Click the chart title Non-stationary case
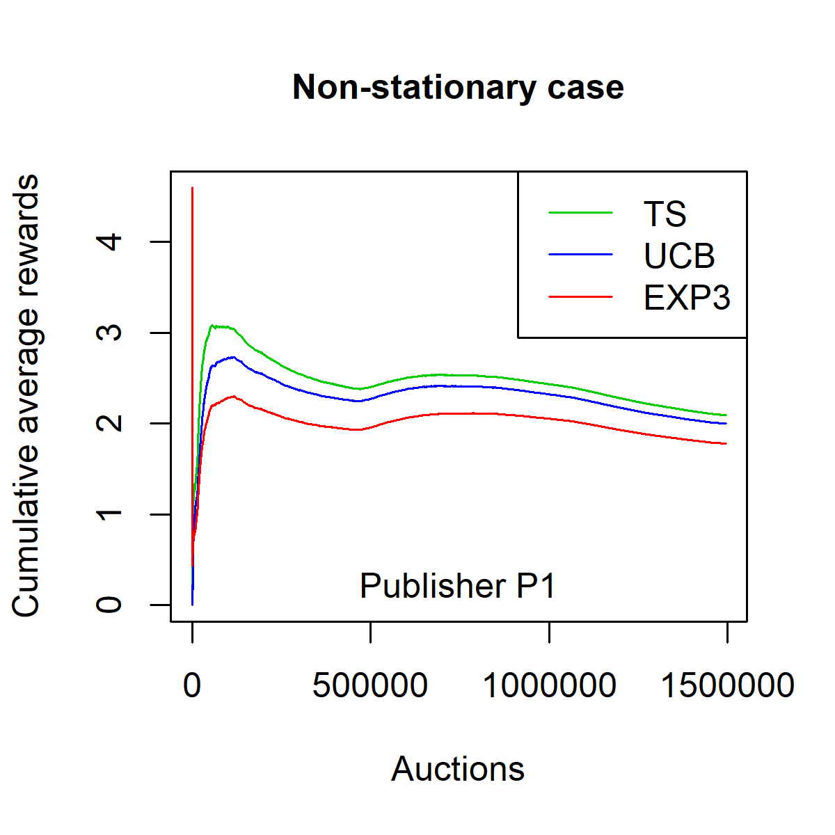click(x=458, y=88)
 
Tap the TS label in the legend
click(x=665, y=214)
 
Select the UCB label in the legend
click(x=679, y=256)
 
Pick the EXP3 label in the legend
click(x=687, y=298)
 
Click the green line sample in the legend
click(x=580, y=213)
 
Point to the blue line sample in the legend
click(x=580, y=255)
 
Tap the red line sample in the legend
click(x=580, y=297)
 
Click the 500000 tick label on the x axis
click(x=370, y=686)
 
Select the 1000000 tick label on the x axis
click(x=549, y=686)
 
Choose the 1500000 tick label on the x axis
click(x=727, y=686)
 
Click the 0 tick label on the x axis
click(x=192, y=686)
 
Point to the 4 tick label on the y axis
click(x=110, y=242)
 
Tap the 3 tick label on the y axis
click(x=110, y=333)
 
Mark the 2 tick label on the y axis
click(x=110, y=423)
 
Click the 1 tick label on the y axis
click(x=110, y=514)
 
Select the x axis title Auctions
click(x=458, y=769)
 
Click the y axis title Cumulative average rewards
click(x=26, y=395)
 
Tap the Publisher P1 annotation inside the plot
click(x=458, y=586)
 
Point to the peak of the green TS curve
click(x=213, y=325)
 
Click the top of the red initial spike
click(x=192, y=188)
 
